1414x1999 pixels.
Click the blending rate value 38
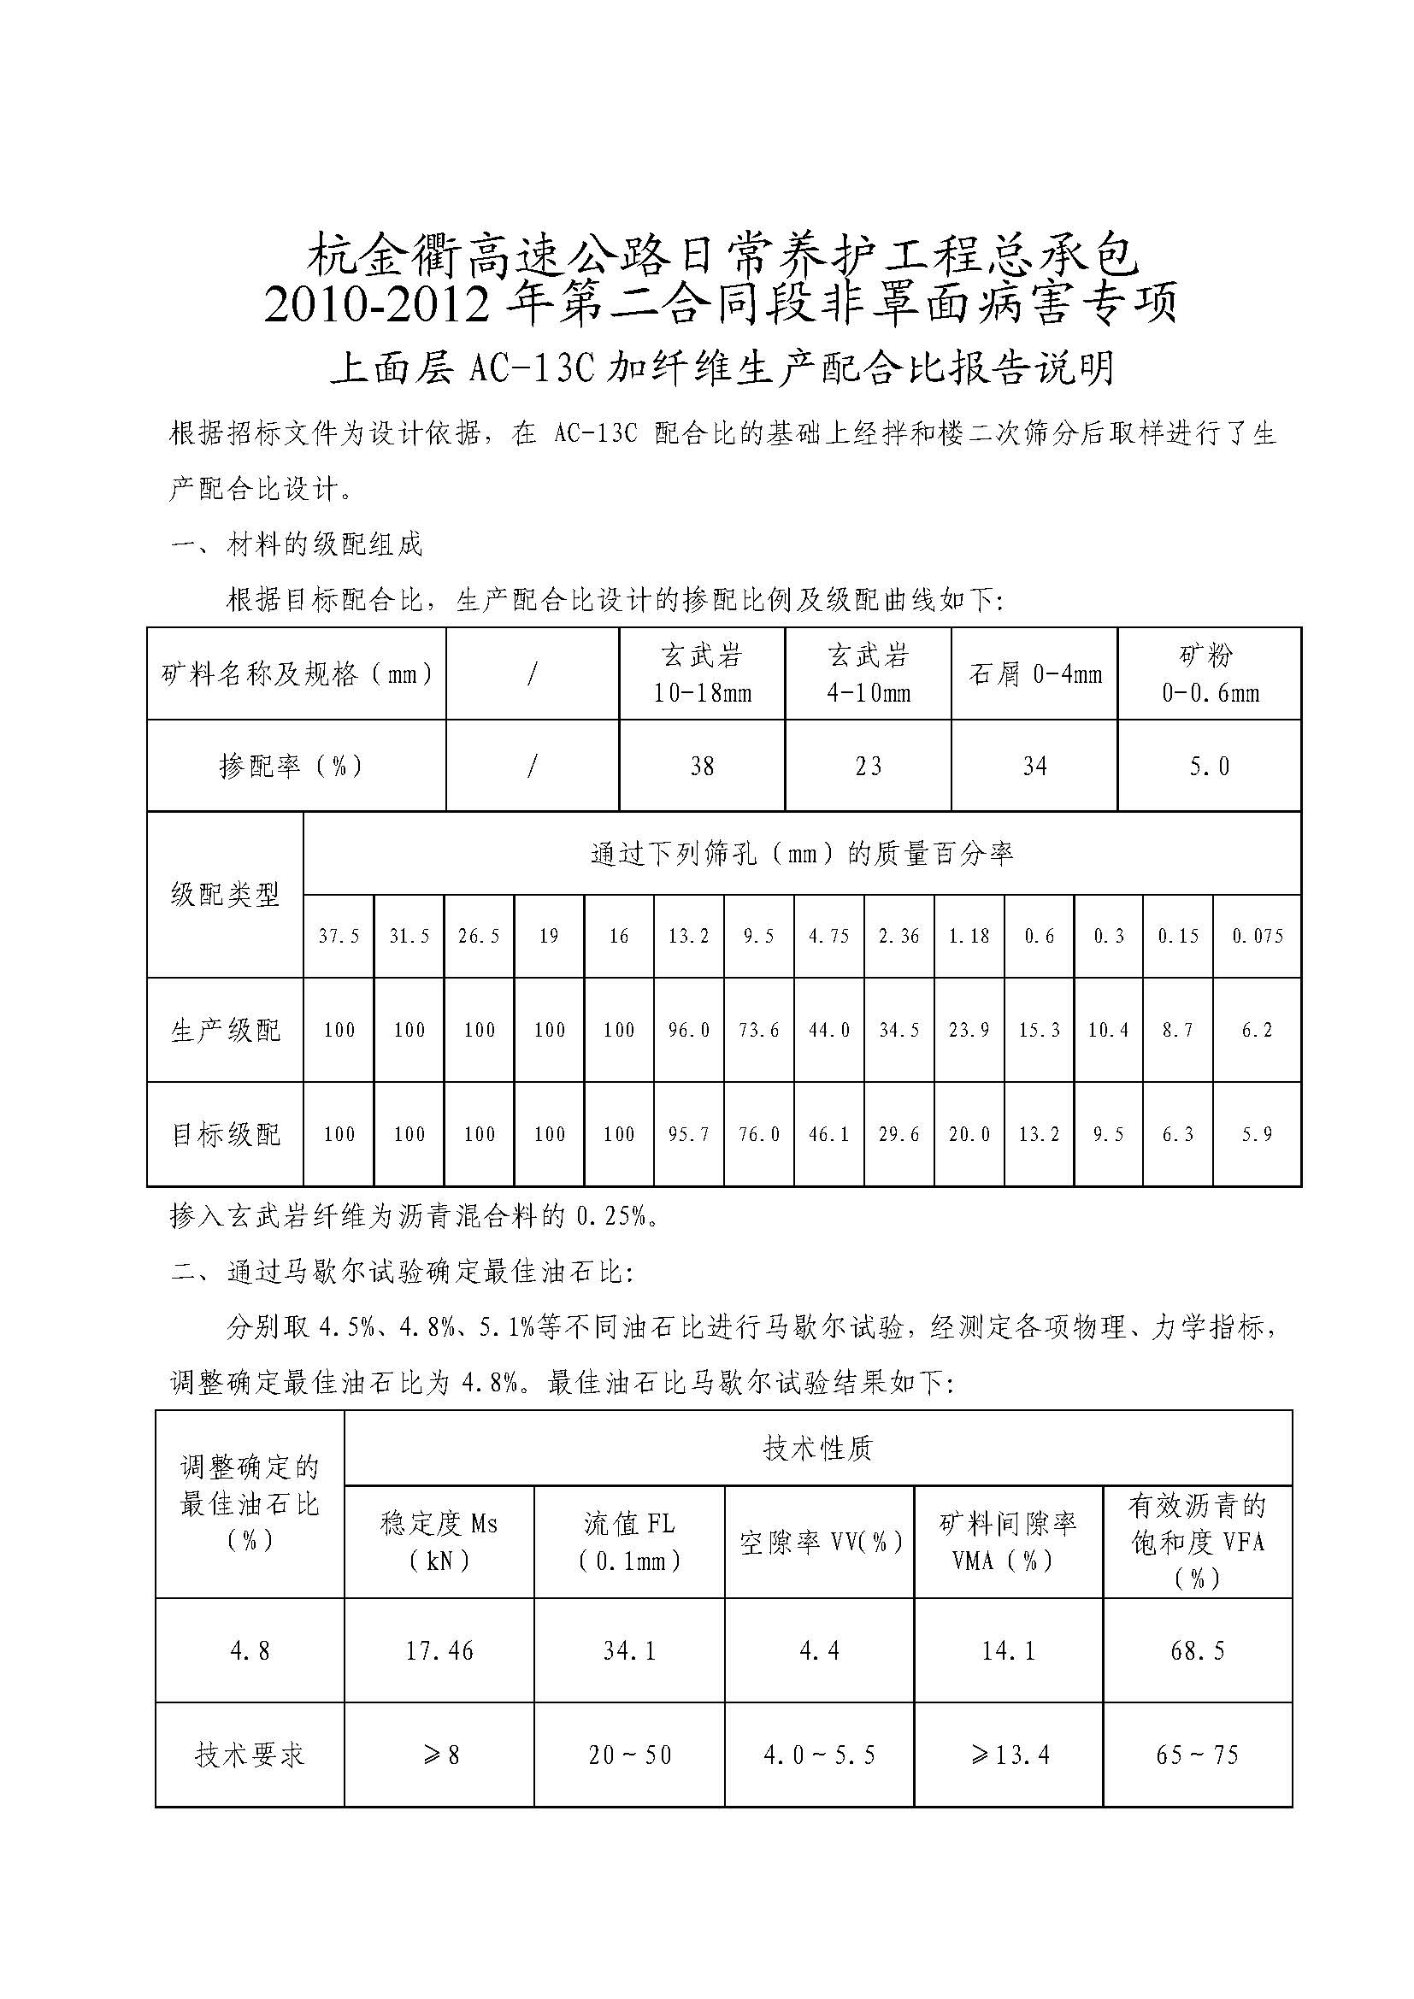click(702, 766)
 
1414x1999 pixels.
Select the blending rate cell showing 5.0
click(1210, 766)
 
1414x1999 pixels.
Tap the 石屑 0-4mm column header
click(1034, 673)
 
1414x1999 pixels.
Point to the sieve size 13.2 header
click(688, 936)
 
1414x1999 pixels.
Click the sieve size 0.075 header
click(1258, 936)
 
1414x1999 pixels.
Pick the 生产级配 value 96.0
click(688, 1030)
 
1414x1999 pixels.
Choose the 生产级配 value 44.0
click(829, 1030)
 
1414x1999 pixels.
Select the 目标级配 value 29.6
click(898, 1134)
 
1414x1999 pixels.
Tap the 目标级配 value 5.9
click(1258, 1134)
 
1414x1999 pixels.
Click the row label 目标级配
click(226, 1134)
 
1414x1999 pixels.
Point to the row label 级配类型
click(226, 894)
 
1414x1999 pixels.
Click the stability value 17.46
click(439, 1651)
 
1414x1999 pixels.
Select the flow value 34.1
click(628, 1651)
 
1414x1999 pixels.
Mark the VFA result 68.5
click(1197, 1651)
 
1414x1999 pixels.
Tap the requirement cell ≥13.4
click(1010, 1755)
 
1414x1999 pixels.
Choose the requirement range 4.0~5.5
click(819, 1755)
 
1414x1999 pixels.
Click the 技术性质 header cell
click(817, 1449)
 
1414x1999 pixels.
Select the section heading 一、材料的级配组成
click(297, 545)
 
